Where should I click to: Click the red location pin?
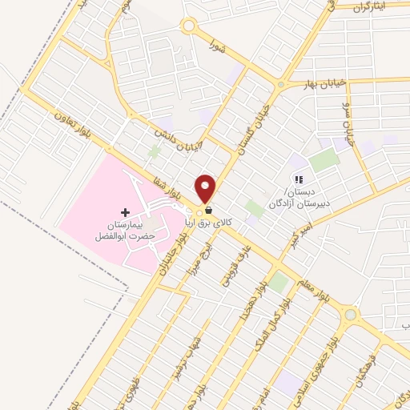(207, 188)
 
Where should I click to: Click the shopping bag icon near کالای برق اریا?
(208, 210)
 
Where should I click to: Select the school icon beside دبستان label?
(298, 180)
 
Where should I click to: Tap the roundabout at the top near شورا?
(189, 26)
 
